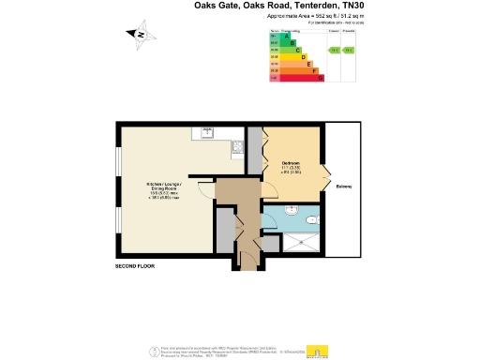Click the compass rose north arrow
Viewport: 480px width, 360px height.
coord(139,35)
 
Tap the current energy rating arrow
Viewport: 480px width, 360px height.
coord(333,50)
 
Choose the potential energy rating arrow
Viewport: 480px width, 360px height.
coord(349,50)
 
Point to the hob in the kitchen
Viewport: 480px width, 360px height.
coord(239,147)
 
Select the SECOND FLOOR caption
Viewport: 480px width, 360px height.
coord(135,267)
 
